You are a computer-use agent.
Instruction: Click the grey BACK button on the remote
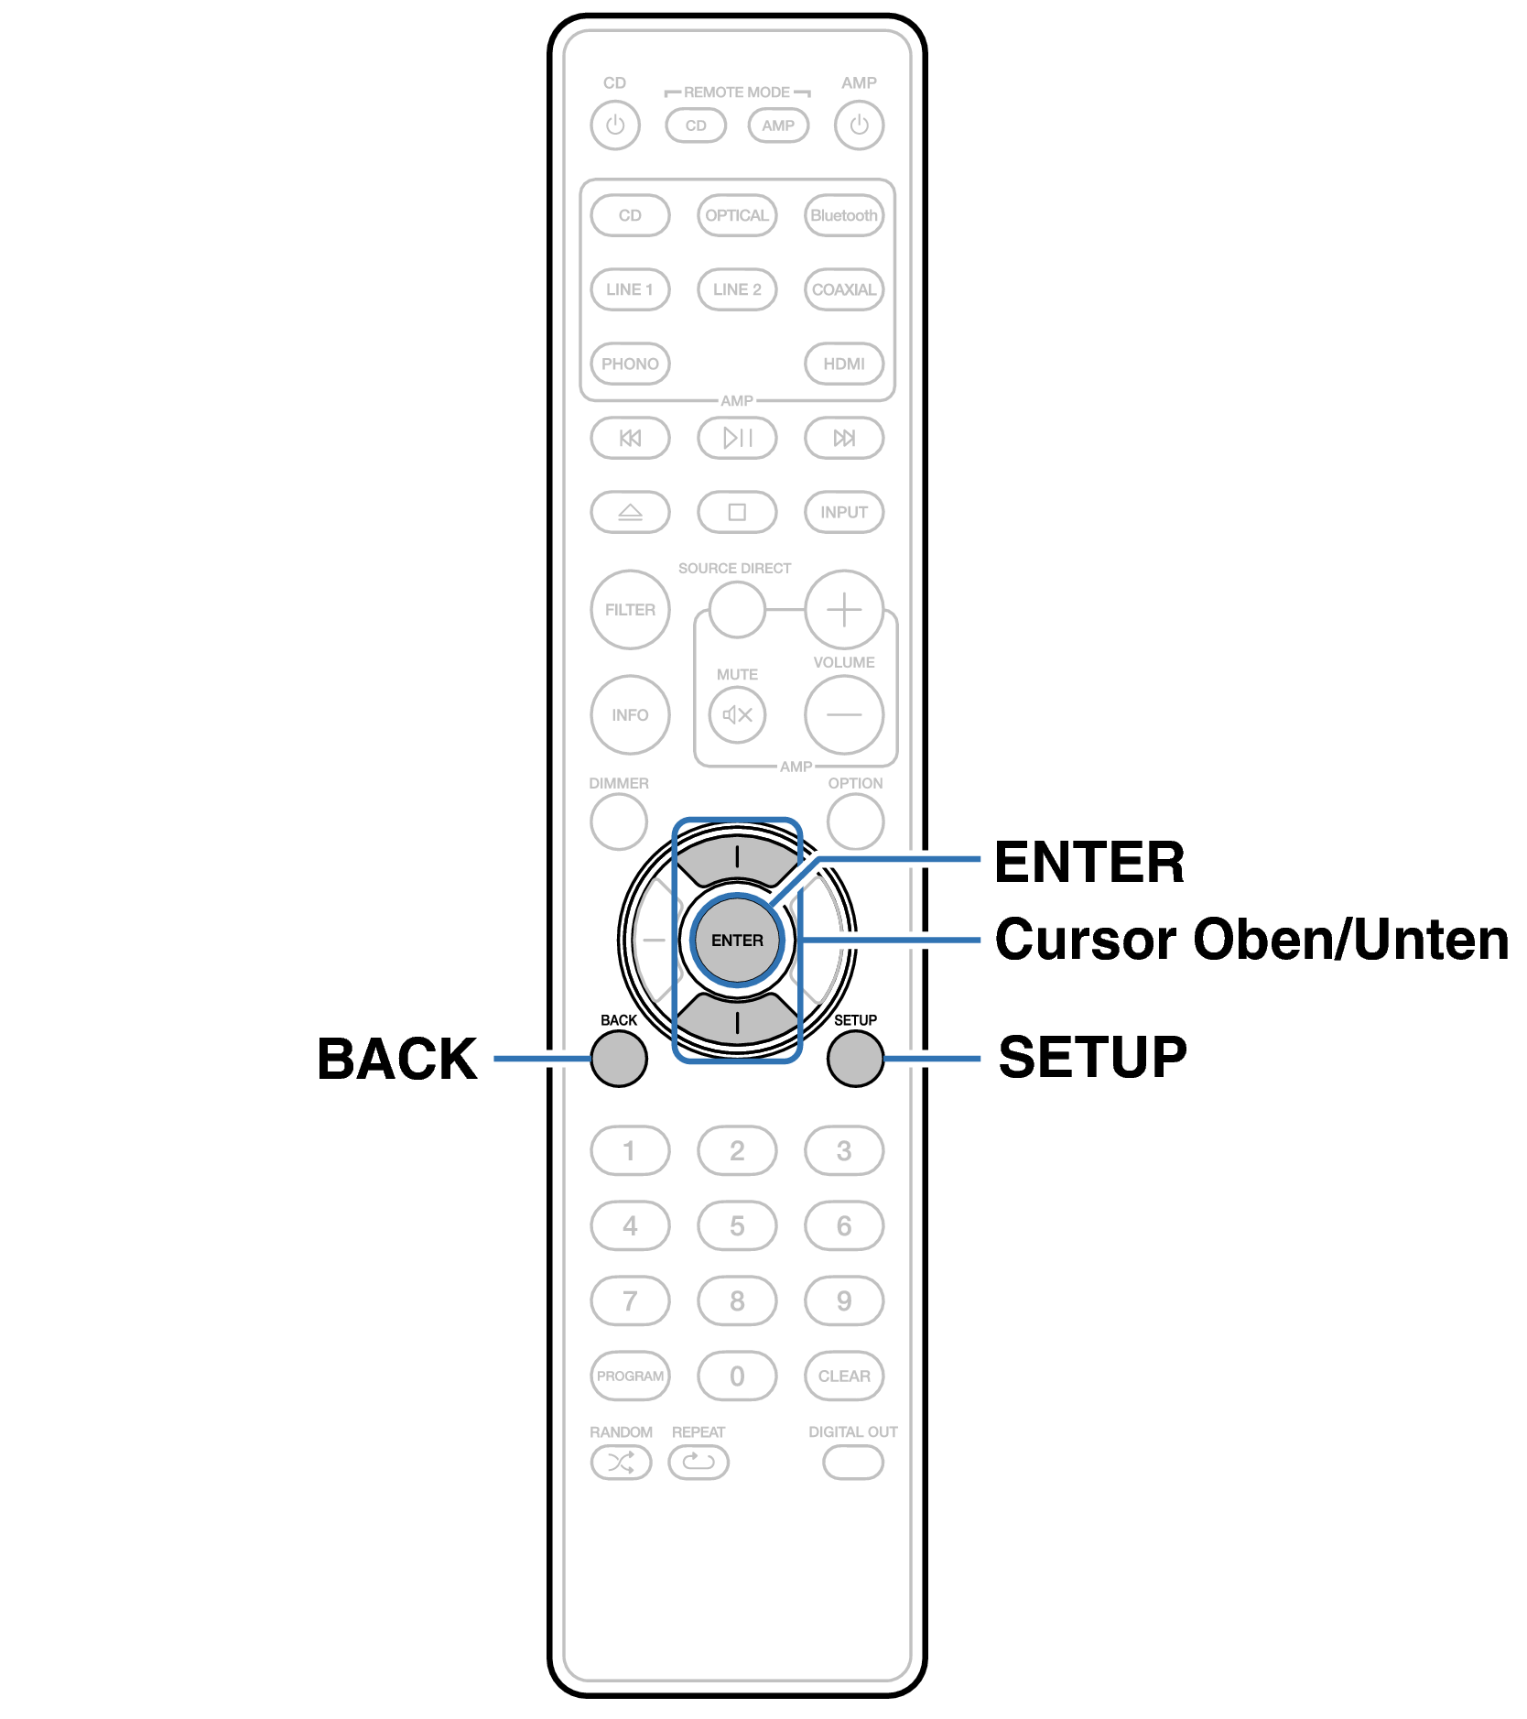pos(619,1059)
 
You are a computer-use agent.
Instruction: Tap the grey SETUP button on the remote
pos(855,1059)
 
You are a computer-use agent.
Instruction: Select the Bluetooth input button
pos(844,215)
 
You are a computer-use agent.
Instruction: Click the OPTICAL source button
pos(737,215)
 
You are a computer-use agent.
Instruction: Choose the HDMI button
pos(844,364)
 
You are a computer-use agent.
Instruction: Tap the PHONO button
pos(630,364)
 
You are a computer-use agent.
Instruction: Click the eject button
pos(630,512)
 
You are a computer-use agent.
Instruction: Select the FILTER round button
pos(630,610)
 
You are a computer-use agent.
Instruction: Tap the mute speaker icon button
pos(737,714)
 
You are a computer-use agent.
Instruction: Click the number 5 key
pos(737,1225)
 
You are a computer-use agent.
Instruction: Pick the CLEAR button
pos(844,1376)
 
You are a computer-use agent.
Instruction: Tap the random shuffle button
pos(621,1463)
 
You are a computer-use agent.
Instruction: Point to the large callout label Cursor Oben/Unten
pos(1251,940)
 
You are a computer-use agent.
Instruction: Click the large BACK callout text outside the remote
pos(397,1059)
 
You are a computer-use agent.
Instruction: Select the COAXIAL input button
pos(844,289)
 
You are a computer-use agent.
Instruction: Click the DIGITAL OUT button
pos(853,1463)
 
